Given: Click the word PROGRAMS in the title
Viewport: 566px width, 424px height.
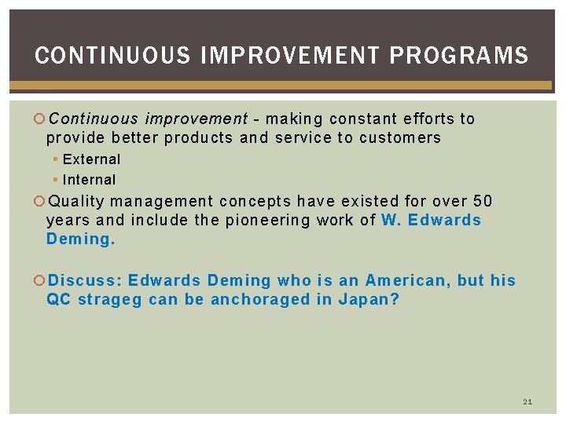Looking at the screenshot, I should [x=458, y=56].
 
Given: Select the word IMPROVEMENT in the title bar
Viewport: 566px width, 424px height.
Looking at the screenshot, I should [x=290, y=56].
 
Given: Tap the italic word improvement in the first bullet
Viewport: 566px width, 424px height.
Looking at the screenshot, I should [x=196, y=119].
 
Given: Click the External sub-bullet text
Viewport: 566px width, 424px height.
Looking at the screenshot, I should [x=91, y=159].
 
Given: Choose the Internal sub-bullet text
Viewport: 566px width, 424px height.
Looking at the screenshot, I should [x=89, y=180].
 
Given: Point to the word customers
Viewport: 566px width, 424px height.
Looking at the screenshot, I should [x=400, y=138].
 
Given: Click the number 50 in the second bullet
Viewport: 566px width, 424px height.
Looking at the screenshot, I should [x=483, y=200].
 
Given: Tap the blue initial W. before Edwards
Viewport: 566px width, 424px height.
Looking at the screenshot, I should [x=390, y=220].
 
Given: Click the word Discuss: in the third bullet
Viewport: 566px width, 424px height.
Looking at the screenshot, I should [x=86, y=280].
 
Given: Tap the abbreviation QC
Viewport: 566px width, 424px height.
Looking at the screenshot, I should [x=58, y=299].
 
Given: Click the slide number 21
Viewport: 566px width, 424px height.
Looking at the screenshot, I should [x=527, y=402].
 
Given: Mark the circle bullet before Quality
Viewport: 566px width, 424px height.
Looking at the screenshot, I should [x=40, y=200].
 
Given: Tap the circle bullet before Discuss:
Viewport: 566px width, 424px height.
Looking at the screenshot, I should [x=40, y=280].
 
